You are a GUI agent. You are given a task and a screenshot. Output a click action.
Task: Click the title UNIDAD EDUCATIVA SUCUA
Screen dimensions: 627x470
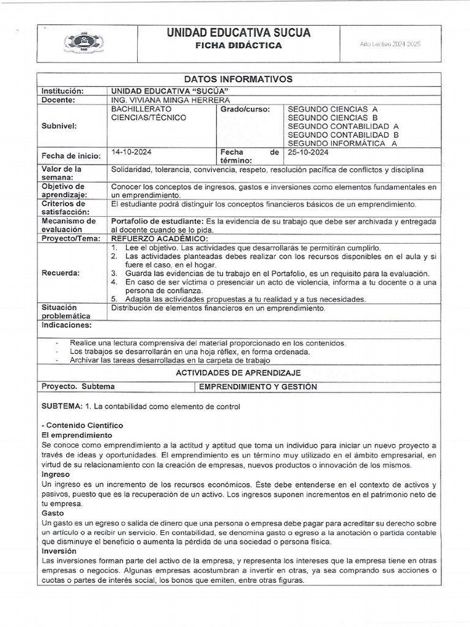[238, 33]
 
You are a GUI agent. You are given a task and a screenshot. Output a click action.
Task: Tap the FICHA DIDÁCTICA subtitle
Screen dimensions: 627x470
[238, 46]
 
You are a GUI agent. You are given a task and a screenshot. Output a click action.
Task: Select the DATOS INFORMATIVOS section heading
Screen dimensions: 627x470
[238, 79]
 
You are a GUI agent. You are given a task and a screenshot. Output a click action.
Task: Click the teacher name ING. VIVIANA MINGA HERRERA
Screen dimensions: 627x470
[171, 100]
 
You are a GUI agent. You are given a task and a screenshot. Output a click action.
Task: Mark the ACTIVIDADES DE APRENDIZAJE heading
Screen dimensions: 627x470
[238, 372]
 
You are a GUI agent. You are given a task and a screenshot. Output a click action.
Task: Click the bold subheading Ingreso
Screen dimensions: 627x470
[56, 475]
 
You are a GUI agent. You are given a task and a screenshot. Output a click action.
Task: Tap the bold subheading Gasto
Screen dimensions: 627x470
[53, 513]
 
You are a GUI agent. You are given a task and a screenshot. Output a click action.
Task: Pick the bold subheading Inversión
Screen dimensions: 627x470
[59, 551]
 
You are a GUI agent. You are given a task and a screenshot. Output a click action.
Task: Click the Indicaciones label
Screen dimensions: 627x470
[66, 325]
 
